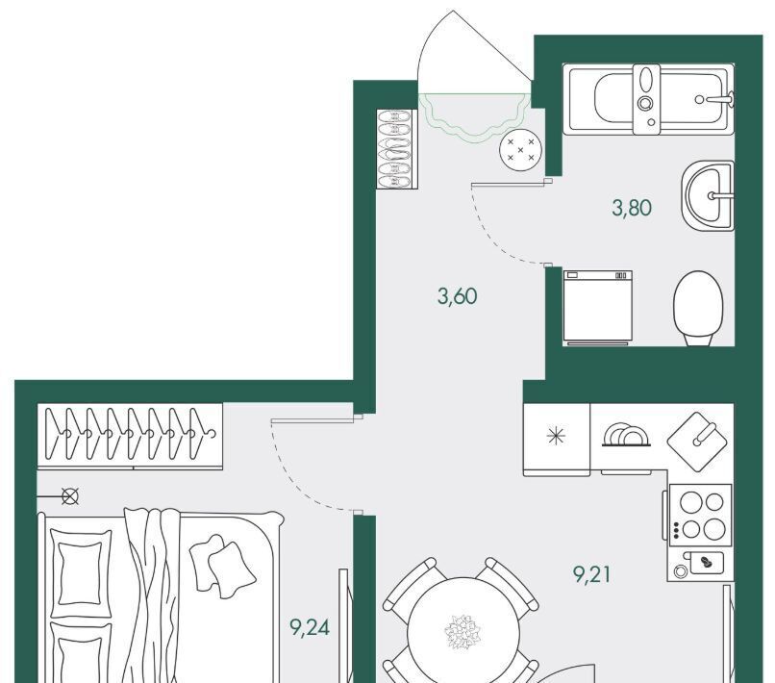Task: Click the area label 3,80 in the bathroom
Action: (x=634, y=207)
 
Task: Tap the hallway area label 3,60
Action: (x=458, y=296)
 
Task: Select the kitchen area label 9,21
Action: (x=592, y=575)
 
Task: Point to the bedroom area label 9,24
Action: (x=310, y=629)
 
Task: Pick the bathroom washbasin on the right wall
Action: (x=709, y=196)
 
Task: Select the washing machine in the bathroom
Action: (x=597, y=306)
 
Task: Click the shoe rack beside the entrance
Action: (x=394, y=148)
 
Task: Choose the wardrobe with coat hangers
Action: (x=130, y=435)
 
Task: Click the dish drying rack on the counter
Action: (x=625, y=436)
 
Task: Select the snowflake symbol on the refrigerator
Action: (x=556, y=435)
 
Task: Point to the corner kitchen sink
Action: (x=700, y=439)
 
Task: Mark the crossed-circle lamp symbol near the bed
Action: (x=70, y=496)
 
